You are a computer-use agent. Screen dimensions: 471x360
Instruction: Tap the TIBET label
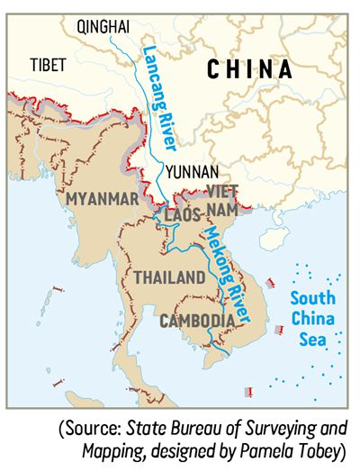(x=48, y=65)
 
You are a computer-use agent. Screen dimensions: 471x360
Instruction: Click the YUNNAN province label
(x=190, y=171)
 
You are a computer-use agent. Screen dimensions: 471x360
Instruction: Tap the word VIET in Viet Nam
(x=221, y=190)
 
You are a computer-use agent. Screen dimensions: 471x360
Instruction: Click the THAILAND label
(x=168, y=278)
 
